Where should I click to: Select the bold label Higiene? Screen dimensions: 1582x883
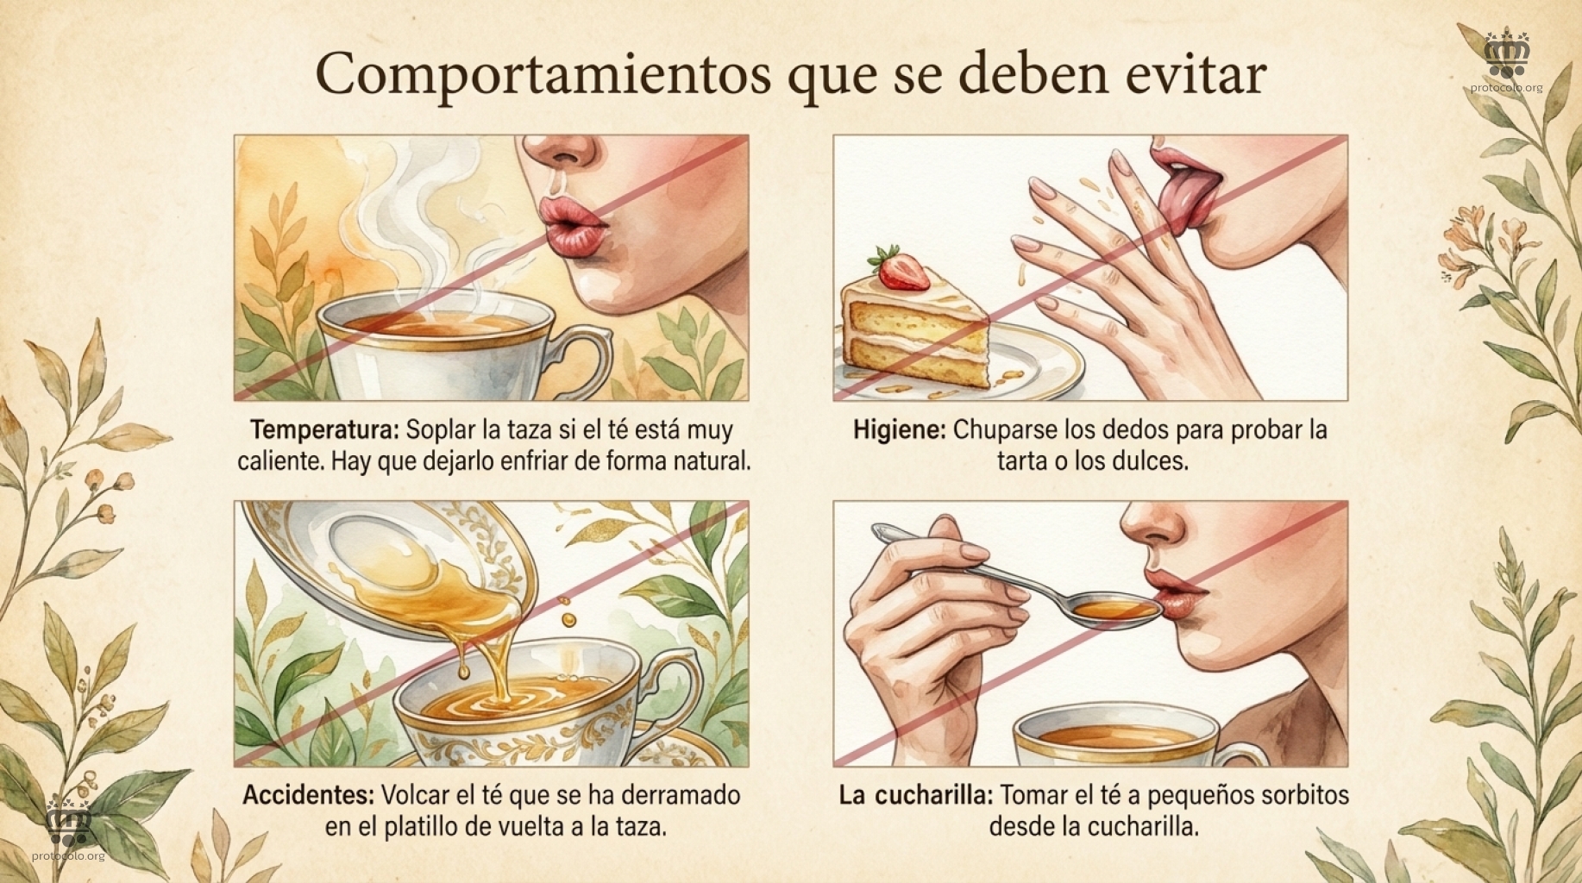click(x=900, y=430)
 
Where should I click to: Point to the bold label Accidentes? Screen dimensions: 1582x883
click(x=308, y=795)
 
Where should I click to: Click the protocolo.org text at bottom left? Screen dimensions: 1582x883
click(x=68, y=856)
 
